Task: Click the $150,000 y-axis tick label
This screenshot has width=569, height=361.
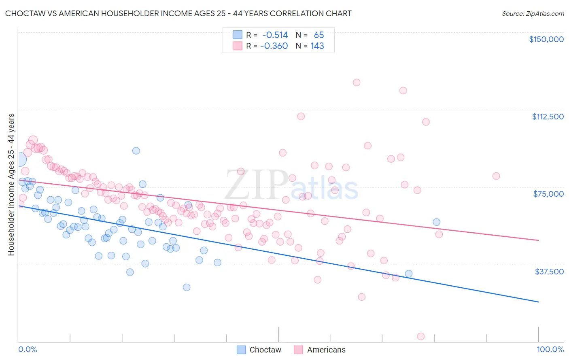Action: click(546, 39)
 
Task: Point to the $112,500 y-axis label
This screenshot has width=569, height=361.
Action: click(548, 117)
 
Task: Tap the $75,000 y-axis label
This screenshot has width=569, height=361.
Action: click(548, 194)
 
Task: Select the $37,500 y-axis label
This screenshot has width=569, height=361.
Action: click(549, 272)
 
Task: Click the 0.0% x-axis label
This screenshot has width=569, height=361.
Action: click(28, 349)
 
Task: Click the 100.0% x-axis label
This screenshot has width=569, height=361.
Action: click(550, 349)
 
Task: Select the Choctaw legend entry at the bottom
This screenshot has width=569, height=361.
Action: click(259, 350)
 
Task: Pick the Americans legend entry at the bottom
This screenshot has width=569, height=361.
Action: click(320, 350)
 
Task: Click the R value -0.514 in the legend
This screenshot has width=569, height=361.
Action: click(275, 35)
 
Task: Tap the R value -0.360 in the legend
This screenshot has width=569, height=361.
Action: click(274, 46)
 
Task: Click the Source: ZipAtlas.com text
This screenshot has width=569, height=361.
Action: click(533, 13)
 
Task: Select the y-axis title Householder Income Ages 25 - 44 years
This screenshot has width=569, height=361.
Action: click(11, 184)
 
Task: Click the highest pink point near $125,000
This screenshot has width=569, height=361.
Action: click(357, 83)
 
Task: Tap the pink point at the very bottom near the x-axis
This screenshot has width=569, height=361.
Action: click(421, 336)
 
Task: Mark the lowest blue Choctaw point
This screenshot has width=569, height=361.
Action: click(187, 287)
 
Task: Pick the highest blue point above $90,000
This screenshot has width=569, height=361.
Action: click(136, 151)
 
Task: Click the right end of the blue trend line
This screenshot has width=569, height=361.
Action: click(538, 302)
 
